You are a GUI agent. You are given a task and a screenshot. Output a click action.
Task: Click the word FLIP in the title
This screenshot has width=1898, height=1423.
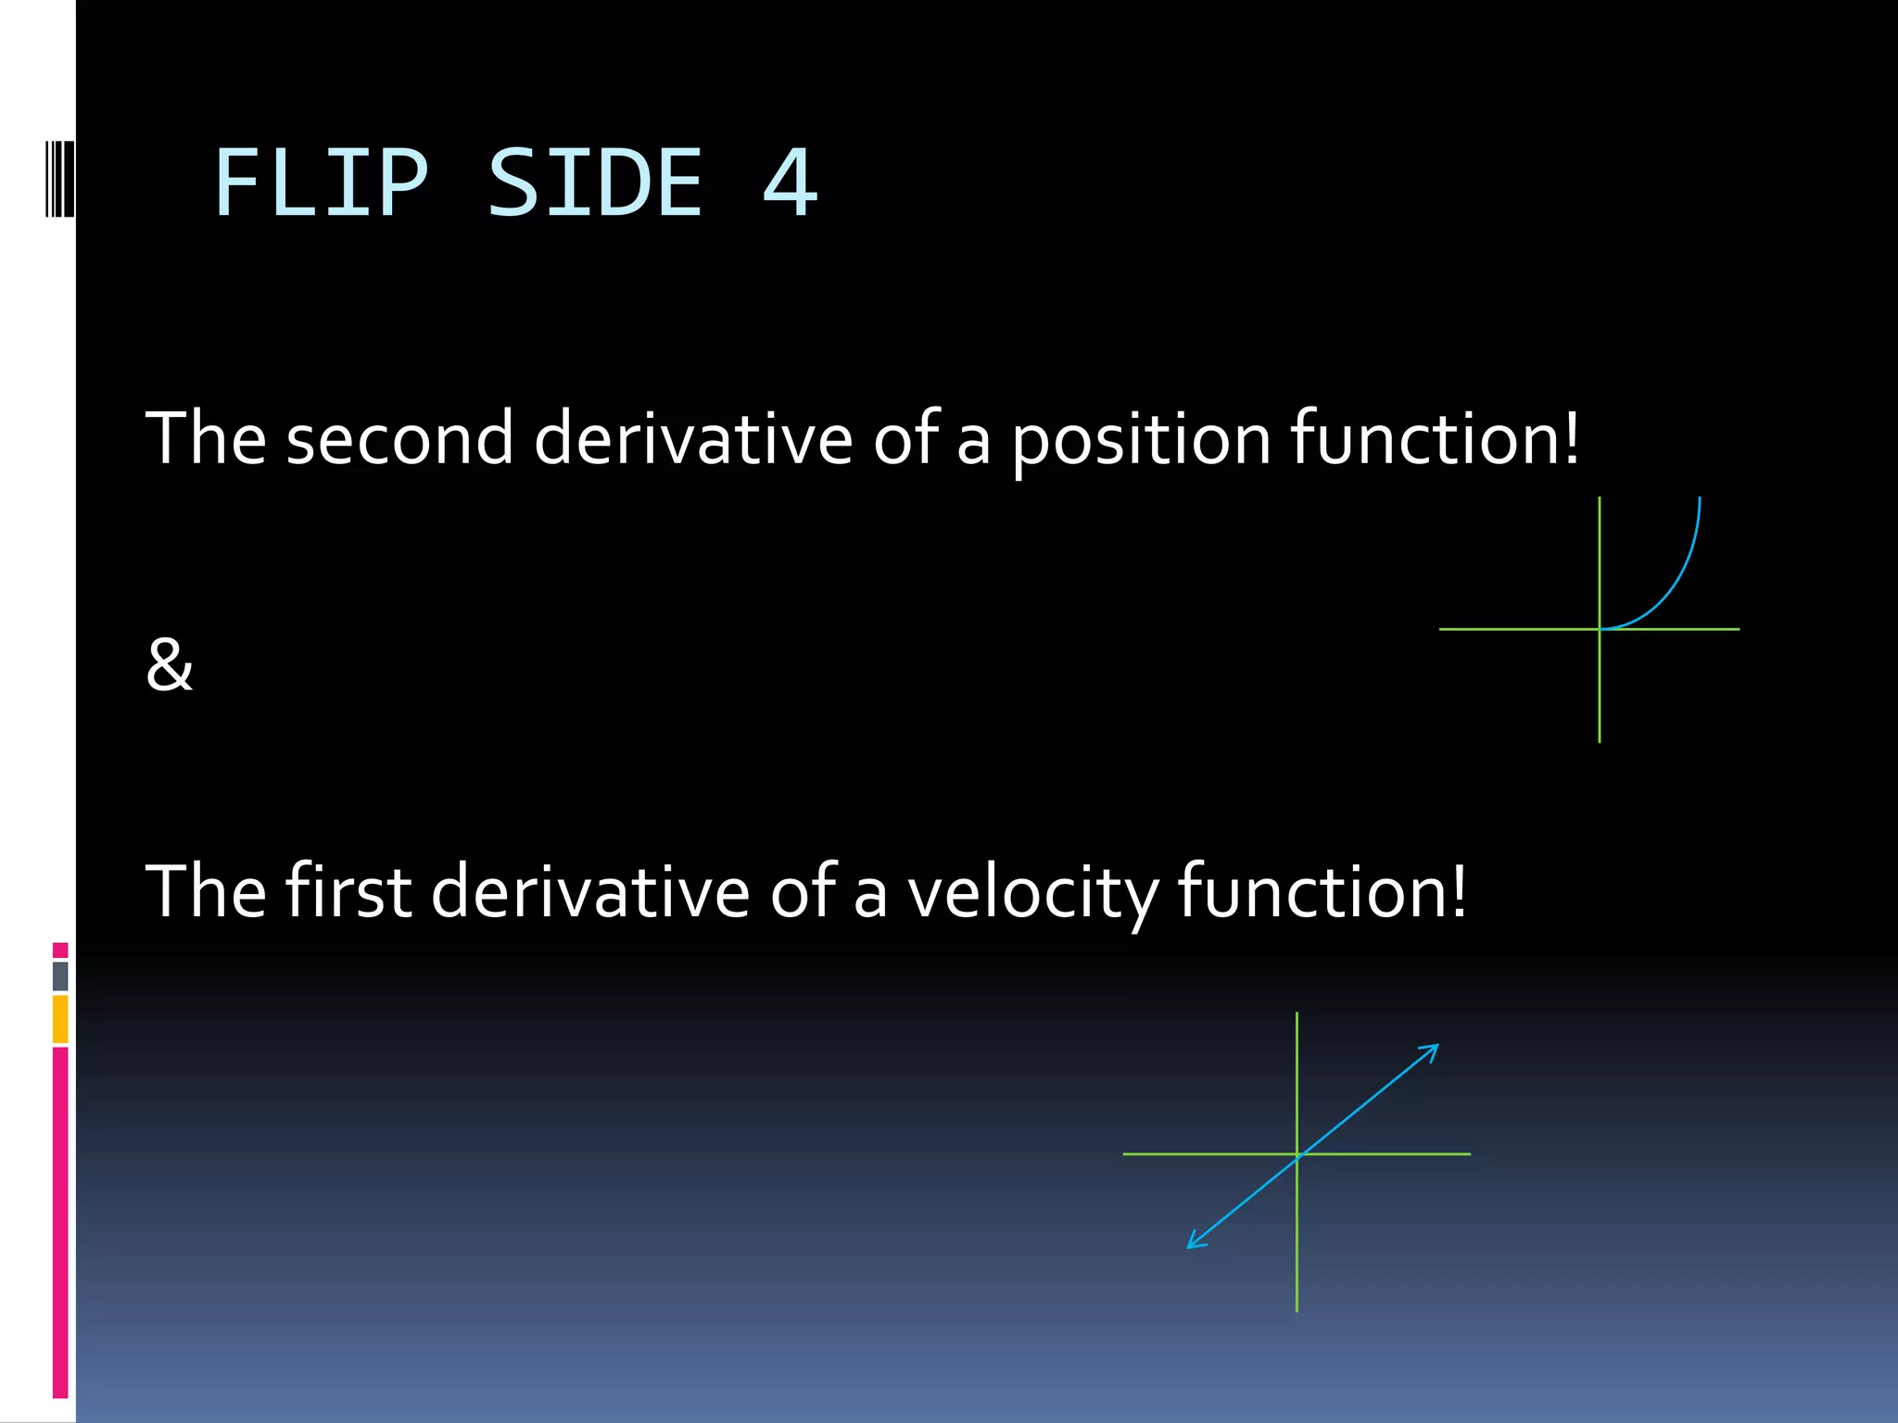[321, 183]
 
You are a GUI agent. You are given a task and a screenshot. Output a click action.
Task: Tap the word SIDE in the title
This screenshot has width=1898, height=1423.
[595, 183]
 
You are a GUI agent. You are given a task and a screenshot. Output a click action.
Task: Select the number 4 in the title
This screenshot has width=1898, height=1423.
[790, 183]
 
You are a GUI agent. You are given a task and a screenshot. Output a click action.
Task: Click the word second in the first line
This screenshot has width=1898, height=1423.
[399, 438]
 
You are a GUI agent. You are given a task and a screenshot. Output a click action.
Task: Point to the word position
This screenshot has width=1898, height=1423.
[1141, 440]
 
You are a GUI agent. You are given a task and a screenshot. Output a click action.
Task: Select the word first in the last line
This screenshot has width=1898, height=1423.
[348, 890]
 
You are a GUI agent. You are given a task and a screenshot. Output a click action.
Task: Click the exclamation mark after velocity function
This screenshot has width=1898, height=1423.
[1459, 890]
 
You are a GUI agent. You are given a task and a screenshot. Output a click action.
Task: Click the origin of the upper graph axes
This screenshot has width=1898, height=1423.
[1600, 629]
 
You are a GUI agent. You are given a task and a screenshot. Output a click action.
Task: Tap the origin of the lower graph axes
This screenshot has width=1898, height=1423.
[1297, 1154]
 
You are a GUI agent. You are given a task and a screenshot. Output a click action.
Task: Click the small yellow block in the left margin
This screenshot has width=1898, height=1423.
[60, 1019]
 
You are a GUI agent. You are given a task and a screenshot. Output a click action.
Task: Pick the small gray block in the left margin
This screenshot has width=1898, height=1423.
[60, 976]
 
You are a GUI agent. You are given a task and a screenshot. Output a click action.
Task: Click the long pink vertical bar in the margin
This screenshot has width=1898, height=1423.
[60, 1223]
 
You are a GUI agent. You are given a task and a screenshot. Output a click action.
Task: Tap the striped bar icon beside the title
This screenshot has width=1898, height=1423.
[60, 178]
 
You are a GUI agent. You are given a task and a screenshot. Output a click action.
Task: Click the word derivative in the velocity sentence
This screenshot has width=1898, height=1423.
[589, 890]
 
